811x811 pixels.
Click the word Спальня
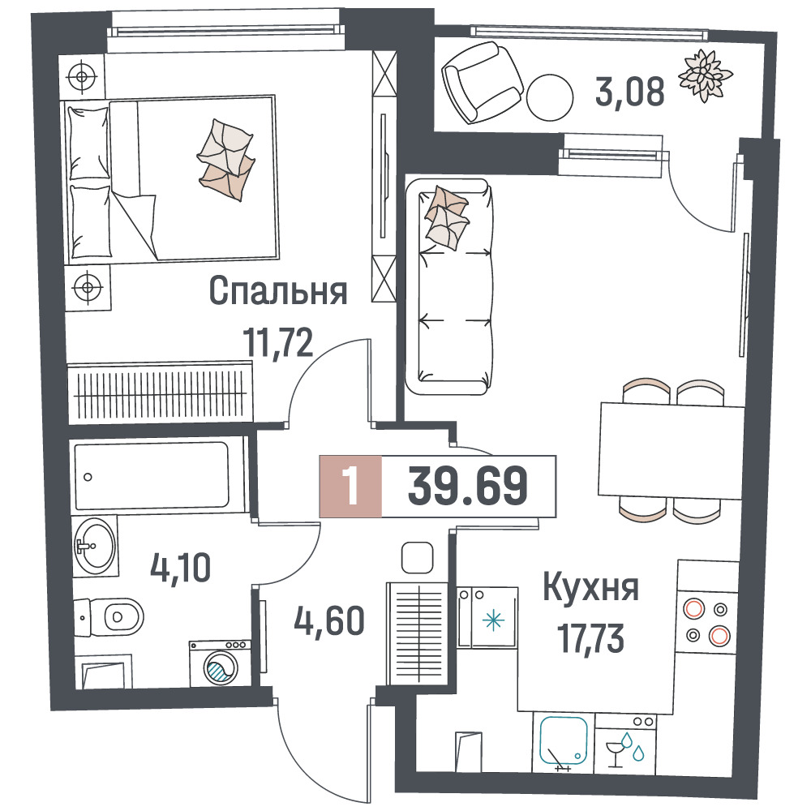277,291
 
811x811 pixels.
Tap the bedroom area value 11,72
279,342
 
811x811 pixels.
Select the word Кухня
590,588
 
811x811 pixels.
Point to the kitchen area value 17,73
590,638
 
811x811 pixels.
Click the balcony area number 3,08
629,92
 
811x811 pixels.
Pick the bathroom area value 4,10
181,568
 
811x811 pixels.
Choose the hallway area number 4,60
329,620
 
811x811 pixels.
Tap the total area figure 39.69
468,486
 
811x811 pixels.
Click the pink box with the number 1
350,486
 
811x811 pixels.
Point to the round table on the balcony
550,98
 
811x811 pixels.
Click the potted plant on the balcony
705,75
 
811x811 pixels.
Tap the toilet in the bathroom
109,616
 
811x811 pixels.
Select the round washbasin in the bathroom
95,546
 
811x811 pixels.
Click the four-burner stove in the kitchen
707,622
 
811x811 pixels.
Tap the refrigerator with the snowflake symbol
487,617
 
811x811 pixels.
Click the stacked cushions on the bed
226,160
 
